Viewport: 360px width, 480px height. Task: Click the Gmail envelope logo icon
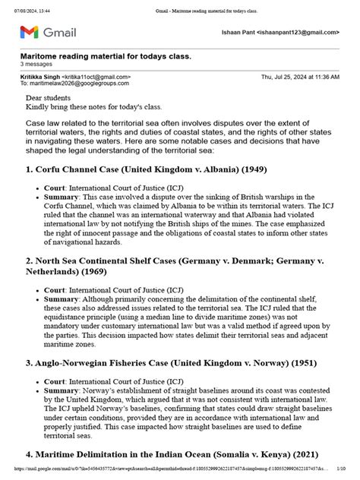(x=27, y=32)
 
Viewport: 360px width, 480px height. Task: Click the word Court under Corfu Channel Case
(x=54, y=187)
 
